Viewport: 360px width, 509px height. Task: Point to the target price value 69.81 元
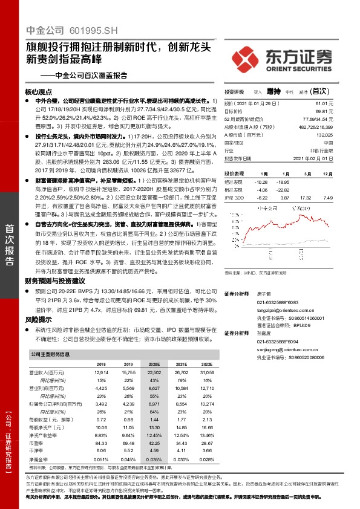click(342, 111)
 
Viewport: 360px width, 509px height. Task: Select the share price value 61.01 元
click(342, 104)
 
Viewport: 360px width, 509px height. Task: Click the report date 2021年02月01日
click(333, 158)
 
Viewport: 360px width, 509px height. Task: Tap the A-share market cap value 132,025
click(342, 135)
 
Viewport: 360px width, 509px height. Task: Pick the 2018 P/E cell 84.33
click(100, 442)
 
